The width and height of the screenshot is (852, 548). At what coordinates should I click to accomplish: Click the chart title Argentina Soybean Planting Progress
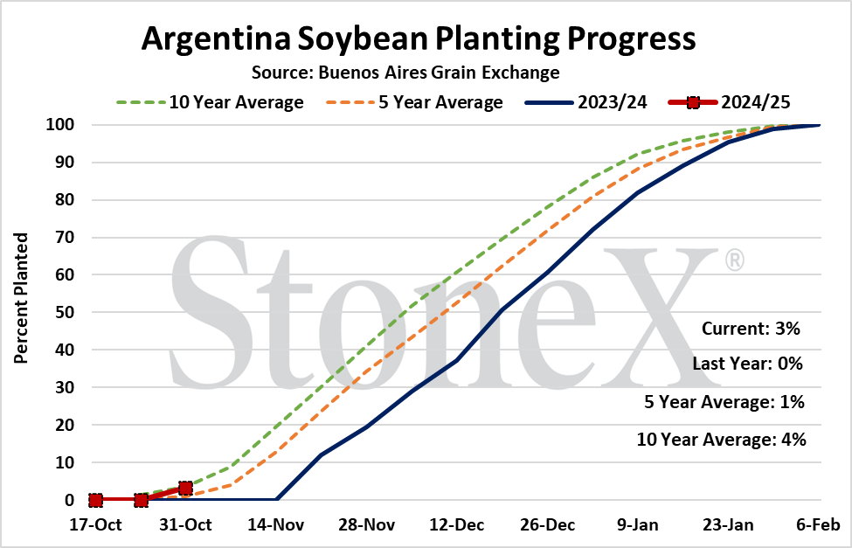(419, 39)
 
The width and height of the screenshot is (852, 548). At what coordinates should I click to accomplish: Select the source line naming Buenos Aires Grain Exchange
(405, 73)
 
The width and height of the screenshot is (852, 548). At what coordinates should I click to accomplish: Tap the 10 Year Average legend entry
(210, 102)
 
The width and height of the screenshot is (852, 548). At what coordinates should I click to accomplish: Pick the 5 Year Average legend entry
(414, 102)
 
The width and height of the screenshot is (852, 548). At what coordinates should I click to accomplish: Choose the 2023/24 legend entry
(586, 102)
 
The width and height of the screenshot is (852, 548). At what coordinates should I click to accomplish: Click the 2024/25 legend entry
(730, 102)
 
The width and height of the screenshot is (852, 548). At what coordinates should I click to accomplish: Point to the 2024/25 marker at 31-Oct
(185, 488)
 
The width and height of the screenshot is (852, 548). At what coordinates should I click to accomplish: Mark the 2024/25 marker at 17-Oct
(95, 500)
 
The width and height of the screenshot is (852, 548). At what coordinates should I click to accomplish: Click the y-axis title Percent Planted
(21, 298)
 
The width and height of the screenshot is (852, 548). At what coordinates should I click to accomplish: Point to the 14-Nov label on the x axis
(276, 524)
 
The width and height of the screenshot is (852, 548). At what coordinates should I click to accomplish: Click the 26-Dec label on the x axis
(547, 524)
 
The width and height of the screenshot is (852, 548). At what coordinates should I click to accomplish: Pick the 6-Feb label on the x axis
(818, 524)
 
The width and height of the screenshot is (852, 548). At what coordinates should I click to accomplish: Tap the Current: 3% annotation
(751, 329)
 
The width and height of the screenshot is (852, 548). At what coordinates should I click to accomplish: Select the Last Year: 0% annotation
(748, 364)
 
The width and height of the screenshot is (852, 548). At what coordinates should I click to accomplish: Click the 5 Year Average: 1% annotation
(724, 402)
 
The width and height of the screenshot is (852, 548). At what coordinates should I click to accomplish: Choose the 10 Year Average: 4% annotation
(722, 439)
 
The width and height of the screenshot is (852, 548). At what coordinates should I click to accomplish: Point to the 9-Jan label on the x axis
(638, 524)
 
